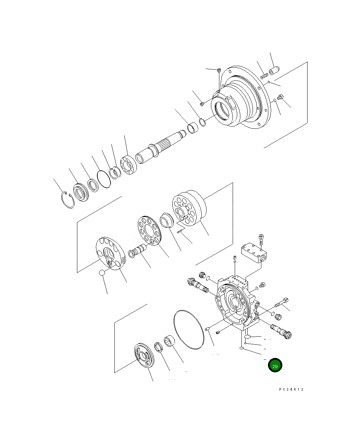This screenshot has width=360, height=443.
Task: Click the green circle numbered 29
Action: (275, 366)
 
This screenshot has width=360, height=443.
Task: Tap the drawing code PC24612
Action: (291, 389)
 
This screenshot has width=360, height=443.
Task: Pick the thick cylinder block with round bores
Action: (190, 209)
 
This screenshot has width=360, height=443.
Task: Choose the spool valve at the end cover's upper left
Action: (198, 286)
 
